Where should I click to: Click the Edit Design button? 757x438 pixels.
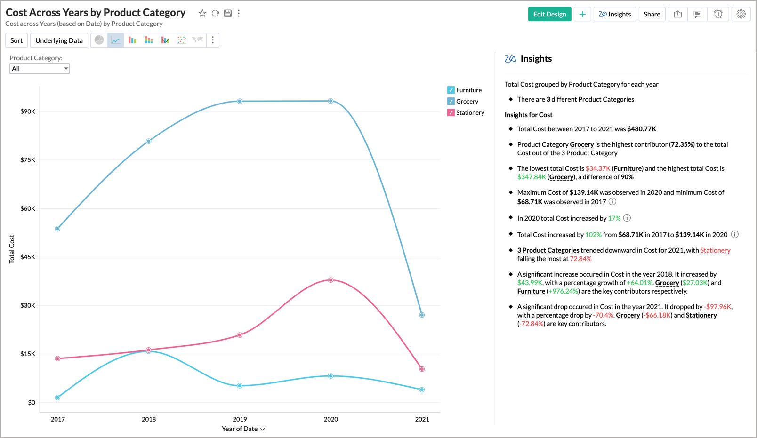(x=549, y=14)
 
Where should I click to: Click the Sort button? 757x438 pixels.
(x=16, y=40)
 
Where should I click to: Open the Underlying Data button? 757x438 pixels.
(x=59, y=40)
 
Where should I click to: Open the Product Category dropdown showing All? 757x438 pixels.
(x=40, y=69)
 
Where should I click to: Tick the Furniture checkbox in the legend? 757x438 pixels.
(x=451, y=90)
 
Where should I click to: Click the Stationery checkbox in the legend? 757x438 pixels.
(x=451, y=112)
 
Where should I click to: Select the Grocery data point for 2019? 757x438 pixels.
(x=240, y=101)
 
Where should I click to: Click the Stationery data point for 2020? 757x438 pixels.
(x=331, y=280)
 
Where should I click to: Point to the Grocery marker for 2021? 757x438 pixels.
(x=422, y=315)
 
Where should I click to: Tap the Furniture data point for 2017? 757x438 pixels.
(x=57, y=398)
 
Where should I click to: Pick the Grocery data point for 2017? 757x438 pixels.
(x=57, y=229)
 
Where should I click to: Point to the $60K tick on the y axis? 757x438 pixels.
(x=27, y=208)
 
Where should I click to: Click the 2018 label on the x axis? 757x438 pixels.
(x=149, y=419)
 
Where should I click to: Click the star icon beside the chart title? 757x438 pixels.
(x=202, y=13)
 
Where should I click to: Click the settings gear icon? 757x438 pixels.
(x=741, y=14)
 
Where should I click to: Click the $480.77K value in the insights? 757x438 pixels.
(x=642, y=129)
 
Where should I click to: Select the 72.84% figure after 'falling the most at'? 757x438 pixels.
(x=581, y=259)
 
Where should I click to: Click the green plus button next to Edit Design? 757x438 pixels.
(x=582, y=14)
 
